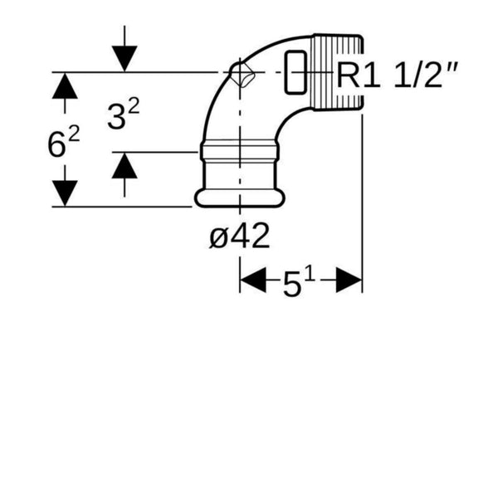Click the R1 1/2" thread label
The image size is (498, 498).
(397, 76)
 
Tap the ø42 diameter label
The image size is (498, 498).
(240, 236)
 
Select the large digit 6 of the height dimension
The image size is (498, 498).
(56, 144)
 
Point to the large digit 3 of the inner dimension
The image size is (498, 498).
(116, 117)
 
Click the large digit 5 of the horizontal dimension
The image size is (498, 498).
(291, 286)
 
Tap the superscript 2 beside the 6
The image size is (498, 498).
(74, 134)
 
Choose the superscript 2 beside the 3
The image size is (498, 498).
(134, 105)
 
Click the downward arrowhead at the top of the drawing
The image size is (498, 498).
(124, 59)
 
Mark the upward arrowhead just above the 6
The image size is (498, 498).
(65, 85)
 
